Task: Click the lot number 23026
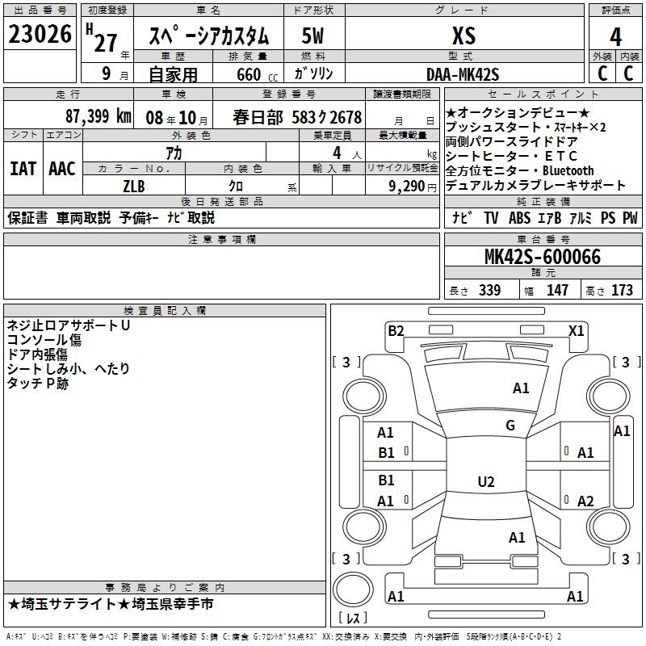coord(40,34)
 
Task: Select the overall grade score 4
coord(615,36)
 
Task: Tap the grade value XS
coord(464,36)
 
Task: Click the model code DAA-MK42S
coord(463,74)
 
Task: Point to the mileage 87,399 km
coord(98,116)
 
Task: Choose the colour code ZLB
coord(134,187)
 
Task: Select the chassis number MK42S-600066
coord(543,257)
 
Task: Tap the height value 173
coord(622,290)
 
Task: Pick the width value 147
coord(557,290)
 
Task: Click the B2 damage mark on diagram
coord(396,330)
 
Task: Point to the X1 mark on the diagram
coord(576,330)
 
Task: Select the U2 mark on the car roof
coord(486,481)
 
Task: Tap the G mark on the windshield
coord(510,425)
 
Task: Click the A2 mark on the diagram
coord(585,501)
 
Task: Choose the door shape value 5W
coord(313,36)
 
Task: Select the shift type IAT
coord(23,169)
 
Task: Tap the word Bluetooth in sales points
coord(568,170)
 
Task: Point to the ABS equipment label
coord(519,217)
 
